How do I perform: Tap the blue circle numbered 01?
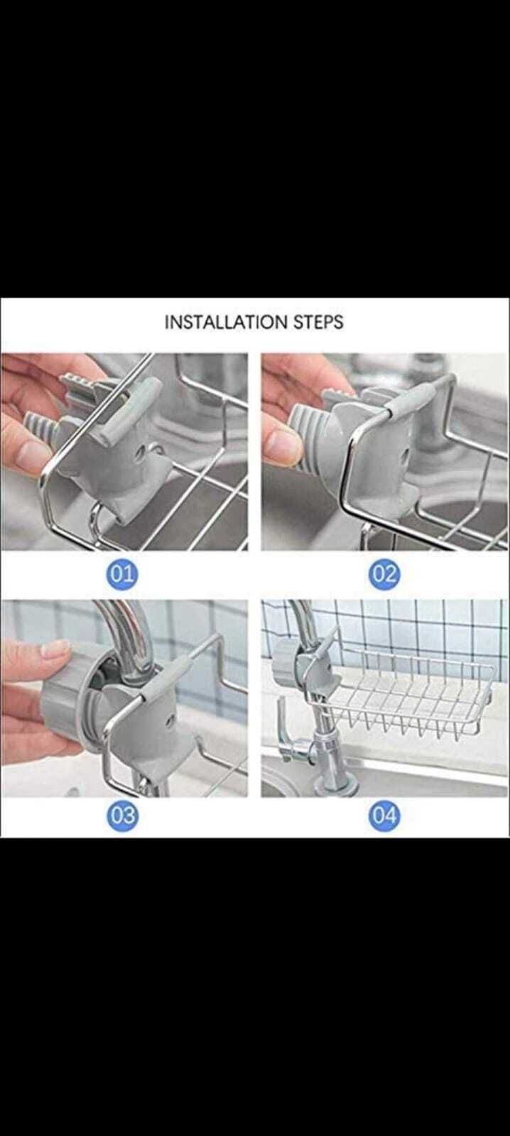123,573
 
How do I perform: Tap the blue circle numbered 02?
384,573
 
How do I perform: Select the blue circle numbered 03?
123,816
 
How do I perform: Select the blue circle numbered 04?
384,816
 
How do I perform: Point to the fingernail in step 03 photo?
55,648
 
